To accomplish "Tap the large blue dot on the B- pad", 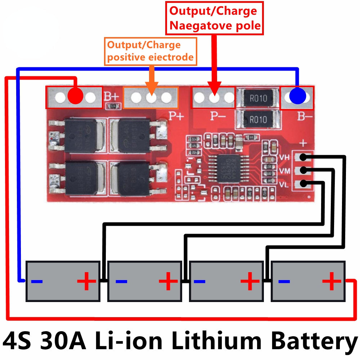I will tap(298, 96).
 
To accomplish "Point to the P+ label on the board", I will tap(176, 116).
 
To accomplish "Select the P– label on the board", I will tap(218, 116).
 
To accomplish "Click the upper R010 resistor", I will tap(258, 98).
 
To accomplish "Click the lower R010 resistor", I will tap(258, 119).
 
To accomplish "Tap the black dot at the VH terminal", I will tap(303, 157).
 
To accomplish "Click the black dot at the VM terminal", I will tap(303, 170).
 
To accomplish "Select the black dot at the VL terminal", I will tap(303, 183).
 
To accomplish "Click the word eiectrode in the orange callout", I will tap(172, 57).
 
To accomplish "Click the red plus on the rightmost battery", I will tap(332, 281).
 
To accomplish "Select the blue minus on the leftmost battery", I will tap(37, 281).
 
